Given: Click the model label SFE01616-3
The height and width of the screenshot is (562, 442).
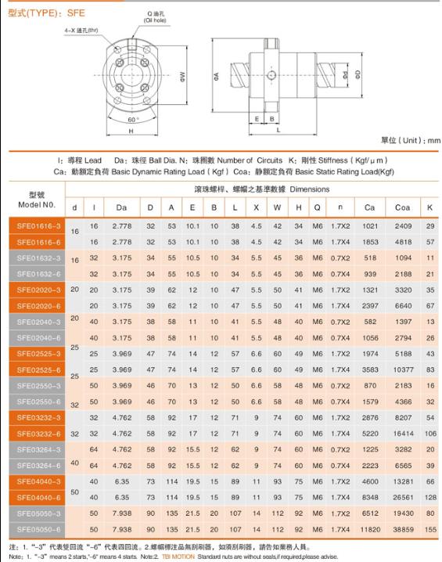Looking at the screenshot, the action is click(38, 226).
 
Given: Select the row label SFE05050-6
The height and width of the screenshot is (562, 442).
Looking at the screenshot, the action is click(38, 529).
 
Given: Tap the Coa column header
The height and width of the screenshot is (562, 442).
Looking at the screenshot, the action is click(402, 207).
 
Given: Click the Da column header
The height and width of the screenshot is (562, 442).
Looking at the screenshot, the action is click(121, 207).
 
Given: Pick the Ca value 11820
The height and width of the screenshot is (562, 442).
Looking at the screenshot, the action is click(370, 529).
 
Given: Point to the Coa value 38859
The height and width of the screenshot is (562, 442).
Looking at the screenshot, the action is click(404, 529).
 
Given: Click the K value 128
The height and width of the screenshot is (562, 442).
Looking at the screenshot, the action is click(430, 498).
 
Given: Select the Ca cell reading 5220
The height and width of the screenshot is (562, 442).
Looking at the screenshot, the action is click(370, 434).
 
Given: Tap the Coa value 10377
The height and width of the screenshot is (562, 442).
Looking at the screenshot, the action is click(404, 369).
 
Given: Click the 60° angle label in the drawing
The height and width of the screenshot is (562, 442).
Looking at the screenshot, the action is click(133, 120).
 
